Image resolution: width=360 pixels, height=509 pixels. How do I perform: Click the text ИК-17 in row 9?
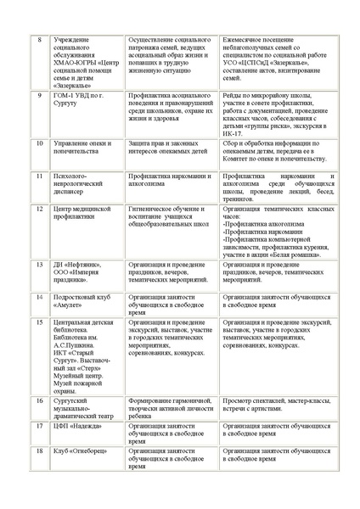click(231, 133)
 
